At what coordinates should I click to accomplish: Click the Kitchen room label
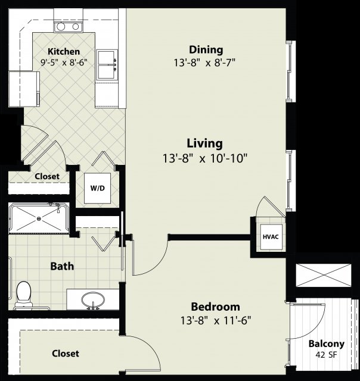(64, 52)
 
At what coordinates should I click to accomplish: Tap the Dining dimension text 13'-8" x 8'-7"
(204, 63)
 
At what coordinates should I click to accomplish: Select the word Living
(204, 143)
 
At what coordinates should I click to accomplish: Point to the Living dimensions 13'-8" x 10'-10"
(205, 158)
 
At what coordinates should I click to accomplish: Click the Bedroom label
(216, 307)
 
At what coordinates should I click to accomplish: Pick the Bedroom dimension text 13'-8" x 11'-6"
(216, 320)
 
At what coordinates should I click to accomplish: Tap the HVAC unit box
(271, 237)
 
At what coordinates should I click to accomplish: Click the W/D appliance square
(97, 188)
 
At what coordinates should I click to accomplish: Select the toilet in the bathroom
(24, 295)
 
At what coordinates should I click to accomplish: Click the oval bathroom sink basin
(93, 299)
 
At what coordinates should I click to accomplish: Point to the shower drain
(39, 218)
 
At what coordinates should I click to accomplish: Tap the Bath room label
(62, 266)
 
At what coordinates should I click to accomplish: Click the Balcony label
(327, 343)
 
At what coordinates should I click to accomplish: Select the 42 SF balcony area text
(327, 355)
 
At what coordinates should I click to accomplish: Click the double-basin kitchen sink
(107, 65)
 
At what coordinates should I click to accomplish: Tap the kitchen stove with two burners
(69, 27)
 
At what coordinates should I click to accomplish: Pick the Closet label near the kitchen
(47, 176)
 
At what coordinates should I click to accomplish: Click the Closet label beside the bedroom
(66, 353)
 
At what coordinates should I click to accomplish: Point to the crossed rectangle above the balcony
(324, 275)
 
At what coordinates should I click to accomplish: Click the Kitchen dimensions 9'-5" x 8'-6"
(64, 63)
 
